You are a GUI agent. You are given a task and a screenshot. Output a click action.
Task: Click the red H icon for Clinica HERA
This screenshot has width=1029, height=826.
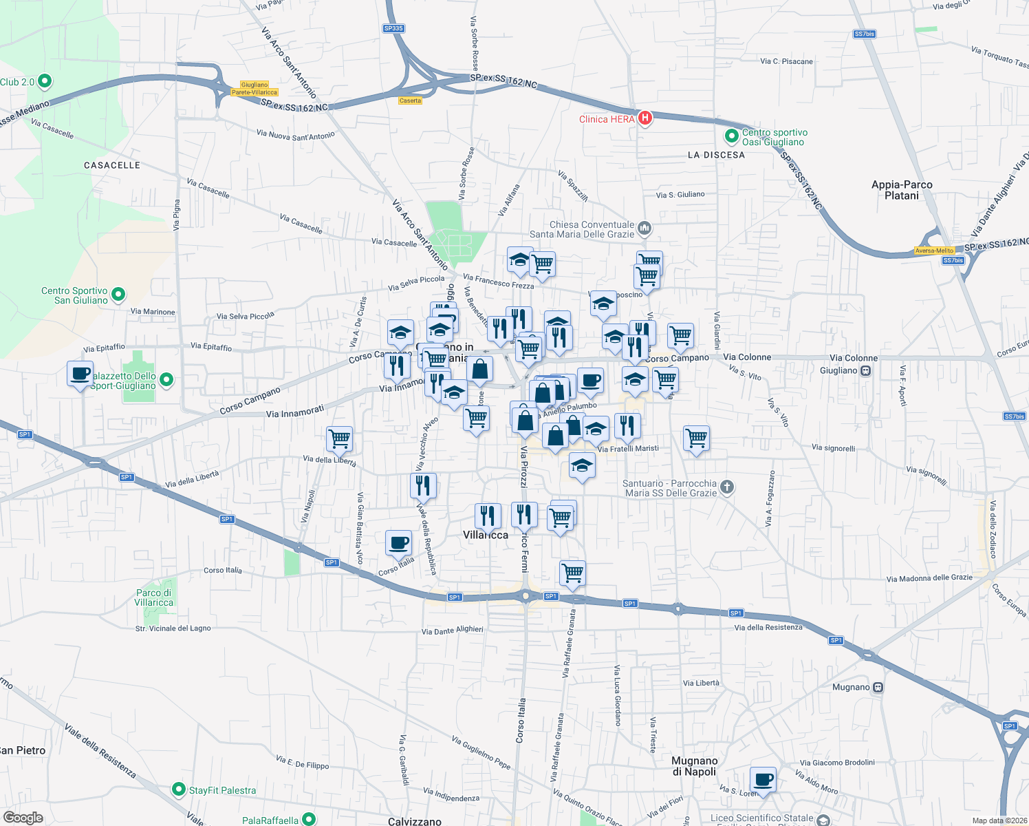click(x=645, y=118)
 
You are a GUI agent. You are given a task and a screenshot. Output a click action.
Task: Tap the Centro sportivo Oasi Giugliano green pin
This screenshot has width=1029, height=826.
click(x=732, y=136)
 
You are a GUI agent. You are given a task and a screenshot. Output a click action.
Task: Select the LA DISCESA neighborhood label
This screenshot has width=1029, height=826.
click(x=716, y=155)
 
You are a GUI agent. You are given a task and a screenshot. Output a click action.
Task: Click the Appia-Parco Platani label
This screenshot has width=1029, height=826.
click(x=902, y=190)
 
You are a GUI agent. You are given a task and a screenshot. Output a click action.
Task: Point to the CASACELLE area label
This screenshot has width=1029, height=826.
click(x=112, y=165)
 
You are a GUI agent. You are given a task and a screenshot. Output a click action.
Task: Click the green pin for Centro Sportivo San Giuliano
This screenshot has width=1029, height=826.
click(x=118, y=295)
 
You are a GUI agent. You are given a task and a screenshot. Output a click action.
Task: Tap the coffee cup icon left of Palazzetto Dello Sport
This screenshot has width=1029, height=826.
click(x=80, y=374)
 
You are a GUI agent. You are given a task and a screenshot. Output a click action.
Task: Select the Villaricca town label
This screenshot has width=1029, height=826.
click(x=486, y=535)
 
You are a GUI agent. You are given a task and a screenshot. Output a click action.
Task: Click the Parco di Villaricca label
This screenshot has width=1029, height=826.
click(x=154, y=597)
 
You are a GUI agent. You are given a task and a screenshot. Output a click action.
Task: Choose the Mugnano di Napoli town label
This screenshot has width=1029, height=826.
click(x=695, y=765)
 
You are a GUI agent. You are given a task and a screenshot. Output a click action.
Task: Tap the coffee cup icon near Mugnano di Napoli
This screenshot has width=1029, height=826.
click(x=763, y=781)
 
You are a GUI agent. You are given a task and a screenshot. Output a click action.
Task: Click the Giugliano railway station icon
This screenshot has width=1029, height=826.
click(x=866, y=370)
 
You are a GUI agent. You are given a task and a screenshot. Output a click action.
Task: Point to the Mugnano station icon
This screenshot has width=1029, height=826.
click(x=878, y=687)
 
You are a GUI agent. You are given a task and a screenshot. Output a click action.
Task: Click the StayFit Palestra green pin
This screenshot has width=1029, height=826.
click(x=179, y=790)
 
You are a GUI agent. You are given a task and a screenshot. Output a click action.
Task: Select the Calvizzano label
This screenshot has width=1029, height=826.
click(x=415, y=821)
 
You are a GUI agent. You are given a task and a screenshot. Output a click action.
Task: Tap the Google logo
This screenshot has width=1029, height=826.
click(x=23, y=817)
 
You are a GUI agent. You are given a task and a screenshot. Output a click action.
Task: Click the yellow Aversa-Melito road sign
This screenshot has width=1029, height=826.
click(x=934, y=251)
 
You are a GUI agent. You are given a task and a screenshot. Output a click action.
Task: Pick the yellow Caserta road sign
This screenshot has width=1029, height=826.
click(x=410, y=100)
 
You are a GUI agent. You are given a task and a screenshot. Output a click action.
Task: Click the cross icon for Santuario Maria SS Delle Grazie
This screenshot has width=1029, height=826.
click(x=727, y=488)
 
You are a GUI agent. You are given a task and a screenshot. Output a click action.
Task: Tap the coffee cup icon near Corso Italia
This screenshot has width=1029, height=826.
click(x=398, y=542)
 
